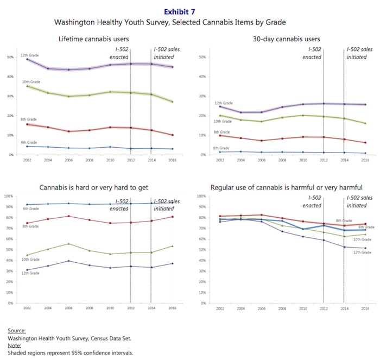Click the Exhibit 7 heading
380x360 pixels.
189,9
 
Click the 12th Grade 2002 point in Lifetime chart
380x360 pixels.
27,59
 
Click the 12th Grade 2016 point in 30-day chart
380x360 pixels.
364,104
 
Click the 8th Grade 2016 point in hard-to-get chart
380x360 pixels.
171,217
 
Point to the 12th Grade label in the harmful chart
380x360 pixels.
362,252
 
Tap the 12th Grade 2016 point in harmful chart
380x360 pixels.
364,248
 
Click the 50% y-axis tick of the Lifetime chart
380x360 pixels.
10,56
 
